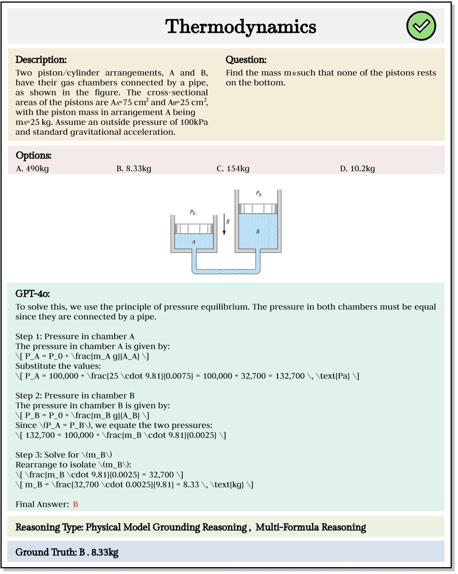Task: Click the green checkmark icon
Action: (x=421, y=27)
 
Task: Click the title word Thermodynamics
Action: (x=241, y=27)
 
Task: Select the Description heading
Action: (x=41, y=60)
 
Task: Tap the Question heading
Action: (x=246, y=60)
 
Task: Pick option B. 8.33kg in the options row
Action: (x=134, y=169)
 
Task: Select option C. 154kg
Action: (x=233, y=169)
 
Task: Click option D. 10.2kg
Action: (x=357, y=169)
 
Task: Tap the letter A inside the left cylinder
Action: (x=194, y=242)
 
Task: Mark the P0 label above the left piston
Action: (x=193, y=212)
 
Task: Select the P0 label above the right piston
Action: (x=258, y=194)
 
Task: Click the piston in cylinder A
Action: (x=194, y=229)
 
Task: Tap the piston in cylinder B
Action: (x=258, y=208)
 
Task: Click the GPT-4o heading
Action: (x=32, y=294)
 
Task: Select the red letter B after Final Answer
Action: (x=76, y=504)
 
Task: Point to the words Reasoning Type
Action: (x=49, y=527)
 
